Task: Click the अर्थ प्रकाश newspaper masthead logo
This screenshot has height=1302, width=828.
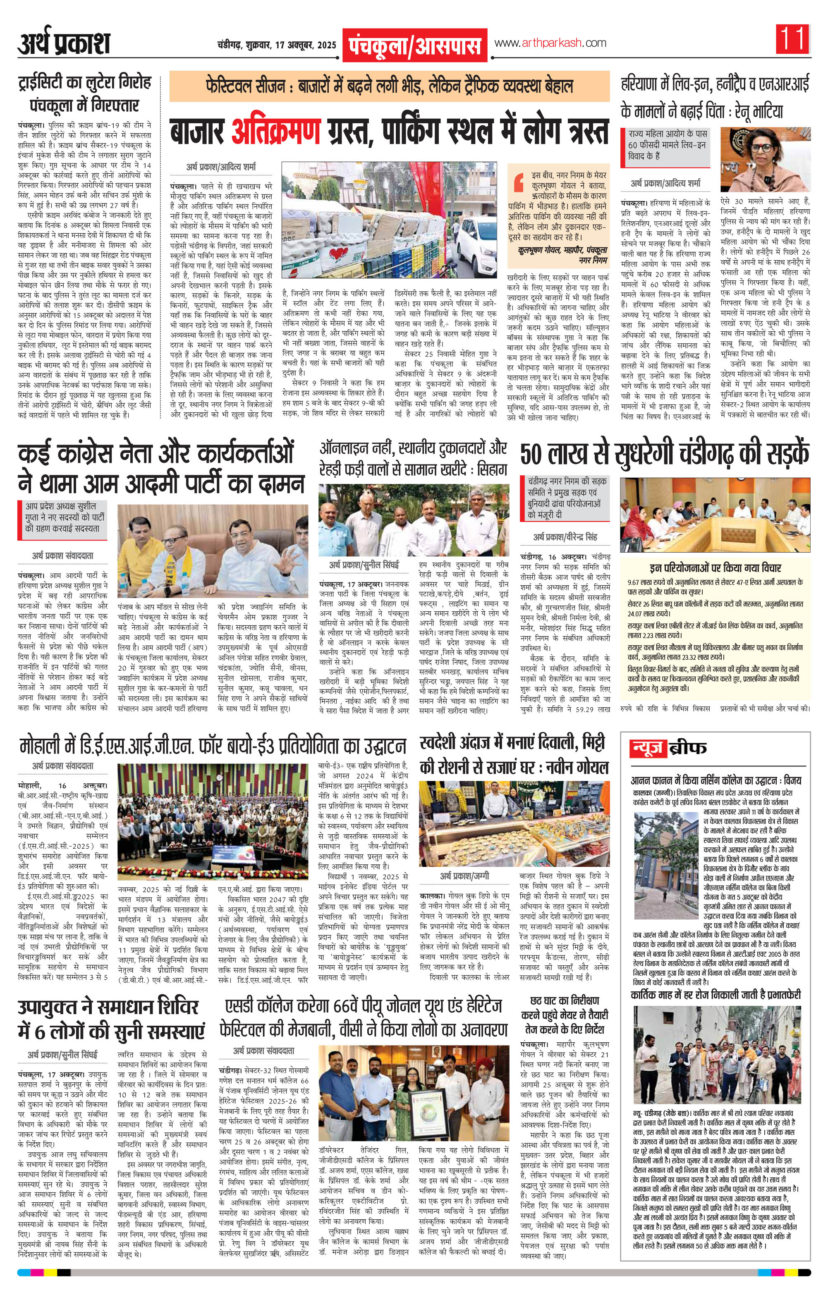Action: click(x=64, y=43)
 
